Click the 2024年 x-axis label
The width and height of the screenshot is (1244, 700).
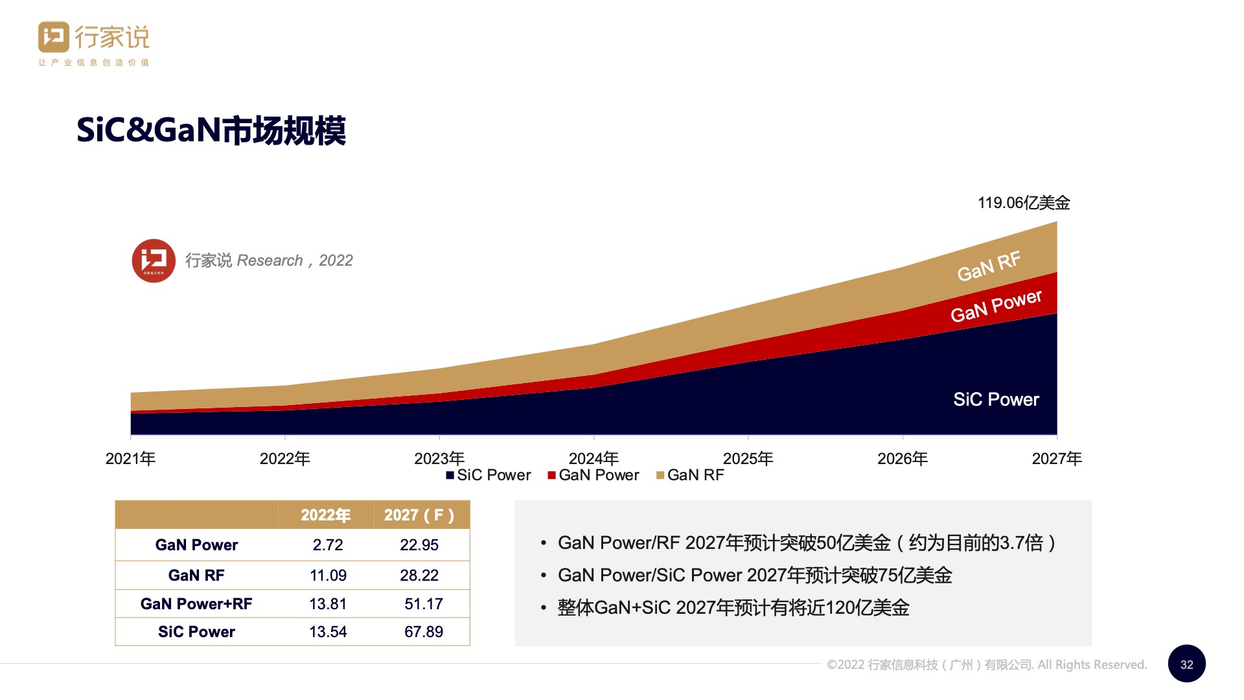tap(593, 458)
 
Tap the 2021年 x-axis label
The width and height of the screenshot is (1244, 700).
tap(130, 458)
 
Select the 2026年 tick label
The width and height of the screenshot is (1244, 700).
tap(902, 458)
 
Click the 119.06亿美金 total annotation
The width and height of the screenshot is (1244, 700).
tap(1023, 203)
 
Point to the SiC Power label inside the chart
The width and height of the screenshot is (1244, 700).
tap(995, 399)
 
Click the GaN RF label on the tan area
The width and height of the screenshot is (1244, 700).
tap(988, 266)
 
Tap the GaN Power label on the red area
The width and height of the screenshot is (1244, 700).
tap(995, 306)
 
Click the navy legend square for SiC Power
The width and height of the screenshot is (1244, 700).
tap(450, 475)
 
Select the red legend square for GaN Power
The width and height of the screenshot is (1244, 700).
tap(551, 475)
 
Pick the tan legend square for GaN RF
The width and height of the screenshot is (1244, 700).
tap(660, 475)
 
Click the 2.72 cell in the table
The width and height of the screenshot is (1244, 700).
tap(328, 545)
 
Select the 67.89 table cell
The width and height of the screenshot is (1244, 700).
tap(424, 631)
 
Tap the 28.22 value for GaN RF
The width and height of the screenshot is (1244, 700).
tap(419, 575)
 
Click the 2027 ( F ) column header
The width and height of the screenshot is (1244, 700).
tap(419, 515)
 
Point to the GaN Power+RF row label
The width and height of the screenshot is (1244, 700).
tap(196, 603)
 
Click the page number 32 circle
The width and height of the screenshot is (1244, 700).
tap(1186, 664)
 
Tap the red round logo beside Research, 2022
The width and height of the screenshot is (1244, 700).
tap(154, 261)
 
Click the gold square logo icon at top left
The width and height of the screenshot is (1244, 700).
tap(53, 37)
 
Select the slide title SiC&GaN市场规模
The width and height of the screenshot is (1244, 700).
tap(211, 130)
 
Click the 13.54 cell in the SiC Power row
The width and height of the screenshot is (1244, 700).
tap(328, 631)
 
